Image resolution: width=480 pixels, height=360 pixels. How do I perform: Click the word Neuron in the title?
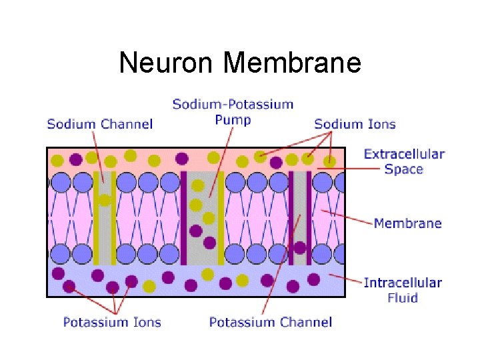click(168, 63)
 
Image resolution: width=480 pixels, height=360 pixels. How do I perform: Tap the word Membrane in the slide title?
click(293, 63)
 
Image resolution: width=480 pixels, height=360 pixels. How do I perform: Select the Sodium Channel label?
click(100, 124)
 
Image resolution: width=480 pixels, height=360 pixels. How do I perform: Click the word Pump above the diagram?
click(233, 120)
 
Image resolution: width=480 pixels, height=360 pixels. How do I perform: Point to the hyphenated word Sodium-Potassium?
click(233, 104)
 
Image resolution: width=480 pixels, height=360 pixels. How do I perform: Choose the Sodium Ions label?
click(355, 124)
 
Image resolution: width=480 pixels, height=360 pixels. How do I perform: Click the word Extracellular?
click(404, 154)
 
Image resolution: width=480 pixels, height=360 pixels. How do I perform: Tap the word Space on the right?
click(404, 169)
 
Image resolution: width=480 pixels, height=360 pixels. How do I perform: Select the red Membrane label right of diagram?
click(407, 223)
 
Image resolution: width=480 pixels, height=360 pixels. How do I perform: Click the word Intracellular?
click(403, 283)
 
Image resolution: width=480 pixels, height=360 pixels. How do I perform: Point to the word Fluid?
click(403, 297)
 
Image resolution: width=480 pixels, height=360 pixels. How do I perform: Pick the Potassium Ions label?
click(112, 323)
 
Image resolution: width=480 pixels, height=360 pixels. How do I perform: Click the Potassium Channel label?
click(271, 323)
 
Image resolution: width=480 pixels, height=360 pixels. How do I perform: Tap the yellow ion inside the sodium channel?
click(105, 199)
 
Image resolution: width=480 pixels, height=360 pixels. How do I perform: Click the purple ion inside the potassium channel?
click(300, 247)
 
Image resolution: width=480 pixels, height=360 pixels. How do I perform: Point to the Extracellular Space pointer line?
click(353, 168)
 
